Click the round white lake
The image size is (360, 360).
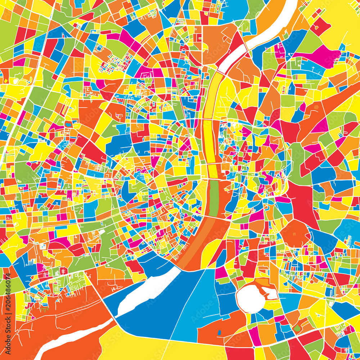250,298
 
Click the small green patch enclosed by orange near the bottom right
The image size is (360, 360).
297,328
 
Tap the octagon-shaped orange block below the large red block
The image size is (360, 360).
295,234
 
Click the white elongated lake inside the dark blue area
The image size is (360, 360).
148,292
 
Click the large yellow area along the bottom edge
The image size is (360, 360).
144,346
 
